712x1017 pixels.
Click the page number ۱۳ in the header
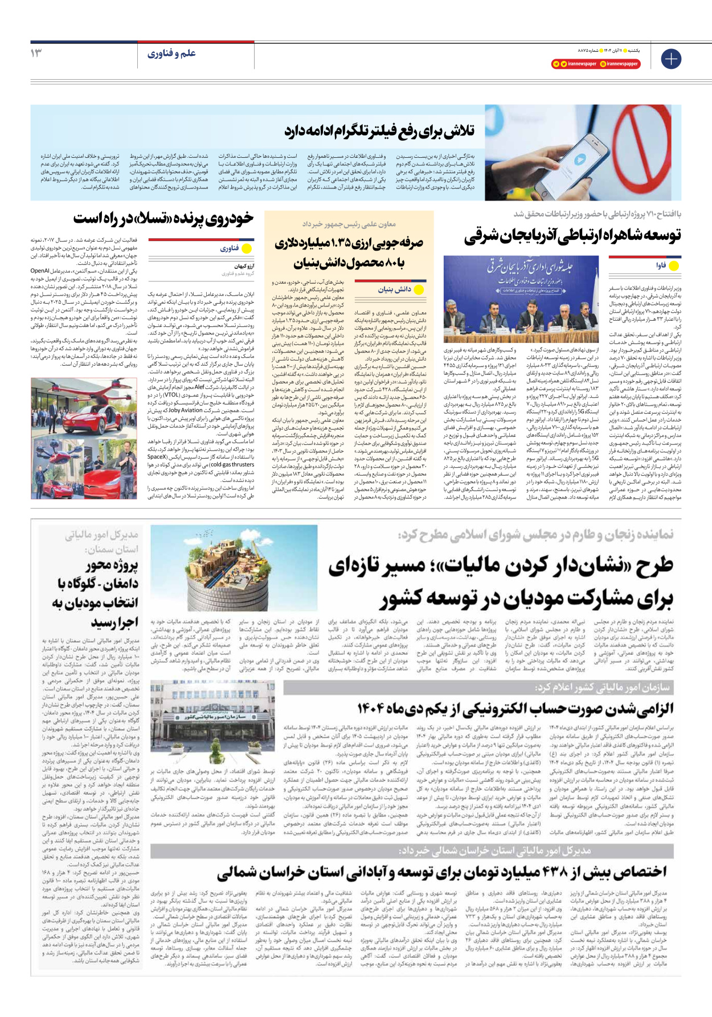36,54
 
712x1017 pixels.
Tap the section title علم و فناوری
171,54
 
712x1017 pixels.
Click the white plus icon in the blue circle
671,59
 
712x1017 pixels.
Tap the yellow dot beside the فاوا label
674,266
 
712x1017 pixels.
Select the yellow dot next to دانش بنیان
419,289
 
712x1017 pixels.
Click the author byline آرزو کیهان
244,266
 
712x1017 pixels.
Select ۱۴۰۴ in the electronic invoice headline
373,708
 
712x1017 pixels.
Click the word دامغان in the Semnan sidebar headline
119,584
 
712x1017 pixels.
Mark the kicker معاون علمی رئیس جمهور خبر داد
349,224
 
